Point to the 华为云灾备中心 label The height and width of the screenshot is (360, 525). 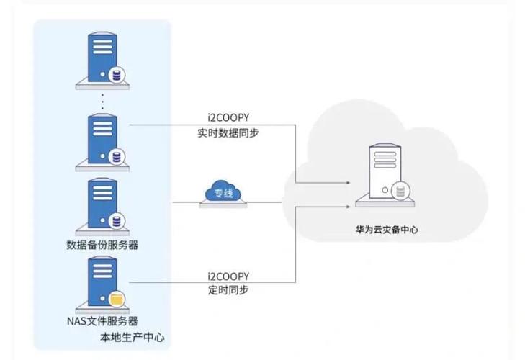click(386, 231)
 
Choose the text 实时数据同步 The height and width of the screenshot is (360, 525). click(228, 132)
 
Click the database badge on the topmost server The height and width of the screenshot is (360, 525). click(116, 74)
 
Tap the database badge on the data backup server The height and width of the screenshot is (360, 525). click(116, 220)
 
